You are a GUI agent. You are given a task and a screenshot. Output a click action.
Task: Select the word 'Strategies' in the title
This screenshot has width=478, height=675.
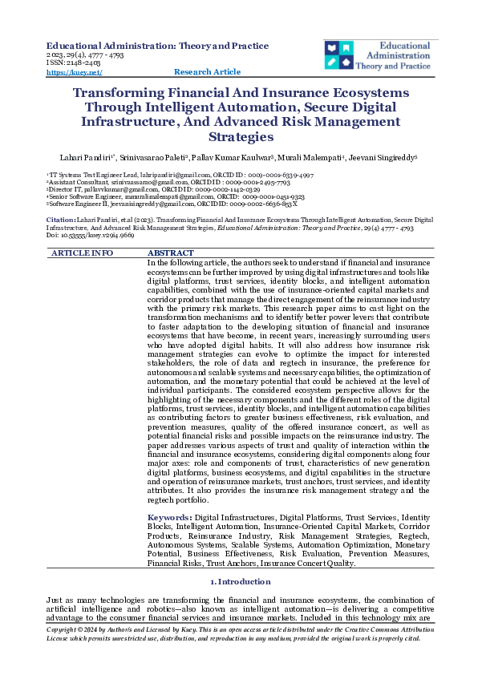click(240, 136)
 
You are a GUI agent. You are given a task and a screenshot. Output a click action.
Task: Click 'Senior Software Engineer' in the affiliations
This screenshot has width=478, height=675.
click(81, 196)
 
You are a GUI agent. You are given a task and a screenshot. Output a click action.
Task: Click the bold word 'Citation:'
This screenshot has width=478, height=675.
click(61, 219)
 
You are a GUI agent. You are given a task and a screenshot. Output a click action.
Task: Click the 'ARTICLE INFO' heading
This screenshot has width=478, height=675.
click(82, 253)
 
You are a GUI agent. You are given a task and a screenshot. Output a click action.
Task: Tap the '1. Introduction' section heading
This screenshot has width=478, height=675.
click(239, 581)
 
